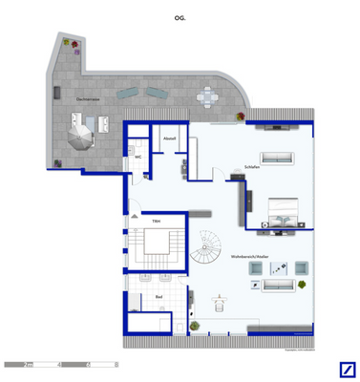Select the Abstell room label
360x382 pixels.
pos(170,138)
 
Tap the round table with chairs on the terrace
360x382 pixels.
pos(208,96)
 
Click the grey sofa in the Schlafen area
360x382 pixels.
pos(278,158)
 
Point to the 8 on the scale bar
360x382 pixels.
pos(116,365)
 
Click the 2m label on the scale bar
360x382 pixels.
pos(29,365)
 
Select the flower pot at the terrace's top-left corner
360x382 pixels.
pos(67,43)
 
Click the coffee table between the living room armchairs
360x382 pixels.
pos(278,269)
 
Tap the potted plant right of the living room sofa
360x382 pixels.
pos(304,286)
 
